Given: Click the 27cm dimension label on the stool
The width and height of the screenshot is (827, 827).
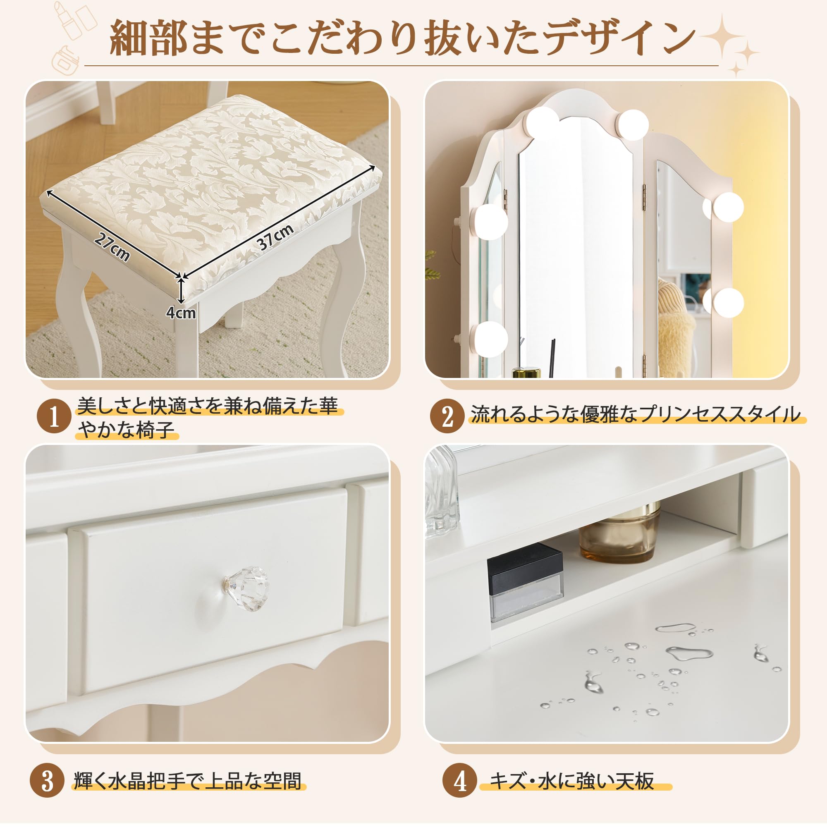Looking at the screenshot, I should click(x=112, y=247).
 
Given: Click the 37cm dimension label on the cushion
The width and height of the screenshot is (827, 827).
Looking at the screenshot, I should click(x=275, y=236).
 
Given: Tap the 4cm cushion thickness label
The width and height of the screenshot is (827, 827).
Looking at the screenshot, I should click(x=181, y=313).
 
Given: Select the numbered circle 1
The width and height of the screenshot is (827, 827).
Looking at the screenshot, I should click(x=54, y=416).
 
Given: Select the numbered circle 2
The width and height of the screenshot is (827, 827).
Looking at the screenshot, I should click(x=447, y=416).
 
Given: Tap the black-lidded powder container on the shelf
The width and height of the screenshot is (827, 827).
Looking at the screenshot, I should click(x=526, y=582).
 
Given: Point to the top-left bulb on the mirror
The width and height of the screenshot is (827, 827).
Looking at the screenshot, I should click(x=542, y=123).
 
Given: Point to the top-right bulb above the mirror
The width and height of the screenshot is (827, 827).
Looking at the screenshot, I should click(x=633, y=124).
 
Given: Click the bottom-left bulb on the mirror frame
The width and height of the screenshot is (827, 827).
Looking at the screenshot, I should click(x=490, y=339).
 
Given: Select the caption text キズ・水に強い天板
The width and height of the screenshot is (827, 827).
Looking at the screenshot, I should click(x=572, y=781).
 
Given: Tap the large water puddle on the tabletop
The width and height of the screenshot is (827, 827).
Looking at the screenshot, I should click(x=689, y=653).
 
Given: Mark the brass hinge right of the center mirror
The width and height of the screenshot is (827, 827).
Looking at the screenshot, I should click(x=643, y=197).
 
